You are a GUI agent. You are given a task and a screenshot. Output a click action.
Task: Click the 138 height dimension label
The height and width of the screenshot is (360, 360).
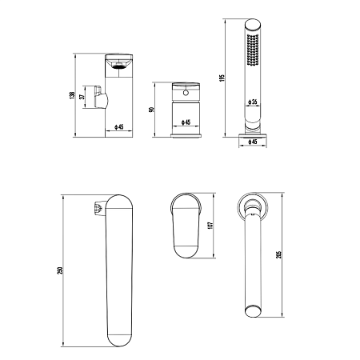point(72,95)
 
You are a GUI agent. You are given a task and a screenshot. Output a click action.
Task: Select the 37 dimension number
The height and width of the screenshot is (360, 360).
point(83,97)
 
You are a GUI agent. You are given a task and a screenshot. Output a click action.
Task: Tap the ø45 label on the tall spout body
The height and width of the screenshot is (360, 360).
point(119,127)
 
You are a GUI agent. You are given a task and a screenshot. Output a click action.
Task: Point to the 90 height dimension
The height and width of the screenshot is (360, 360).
point(151,110)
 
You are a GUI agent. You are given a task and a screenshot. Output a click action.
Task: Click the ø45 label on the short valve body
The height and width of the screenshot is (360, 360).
point(186,122)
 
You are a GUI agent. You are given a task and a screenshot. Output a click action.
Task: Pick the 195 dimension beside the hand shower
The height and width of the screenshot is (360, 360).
point(222,78)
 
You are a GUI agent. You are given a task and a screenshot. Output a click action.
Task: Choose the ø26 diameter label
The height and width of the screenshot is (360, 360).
point(252,102)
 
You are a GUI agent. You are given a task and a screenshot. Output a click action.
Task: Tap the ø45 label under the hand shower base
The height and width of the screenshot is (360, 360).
point(253,142)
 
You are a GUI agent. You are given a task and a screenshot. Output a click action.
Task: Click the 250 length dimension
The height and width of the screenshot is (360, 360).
point(60,270)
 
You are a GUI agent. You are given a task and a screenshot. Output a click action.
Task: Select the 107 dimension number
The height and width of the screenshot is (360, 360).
point(210,226)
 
